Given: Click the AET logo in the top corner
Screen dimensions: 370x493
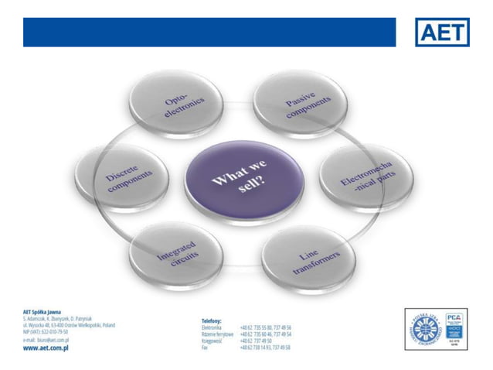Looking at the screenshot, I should (442, 32).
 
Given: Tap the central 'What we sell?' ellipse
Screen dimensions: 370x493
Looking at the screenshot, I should (243, 183).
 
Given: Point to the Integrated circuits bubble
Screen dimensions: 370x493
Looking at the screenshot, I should (178, 257).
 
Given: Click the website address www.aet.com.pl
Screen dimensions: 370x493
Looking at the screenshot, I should (47, 348).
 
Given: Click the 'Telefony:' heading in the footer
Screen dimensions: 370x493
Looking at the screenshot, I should (212, 320).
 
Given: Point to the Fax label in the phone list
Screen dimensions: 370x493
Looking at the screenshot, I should (205, 348).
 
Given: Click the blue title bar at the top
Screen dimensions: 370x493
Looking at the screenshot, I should (209, 33).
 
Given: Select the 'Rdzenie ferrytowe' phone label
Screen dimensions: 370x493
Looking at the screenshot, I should (217, 334).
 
